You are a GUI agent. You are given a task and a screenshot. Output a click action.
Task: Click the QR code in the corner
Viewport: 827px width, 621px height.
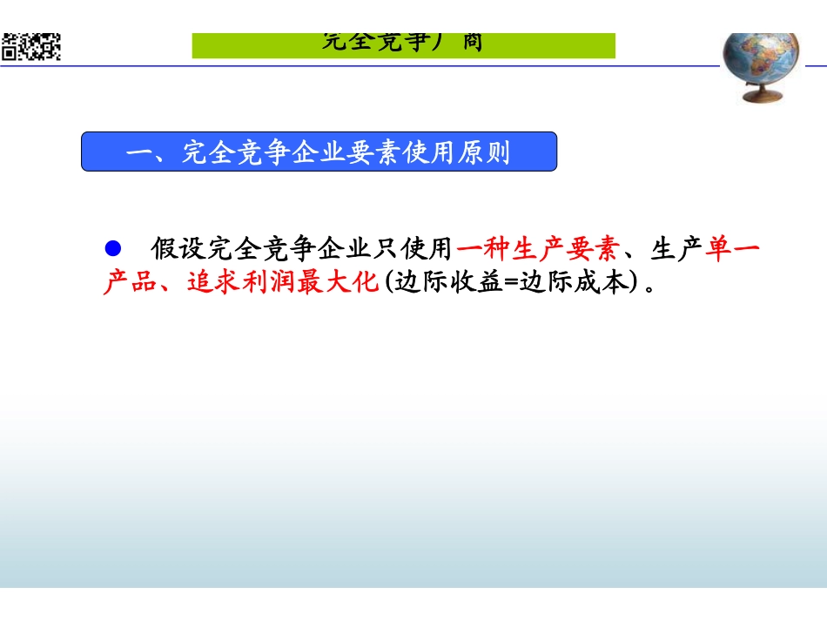31,46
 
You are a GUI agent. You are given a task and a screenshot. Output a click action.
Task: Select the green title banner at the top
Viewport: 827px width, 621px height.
403,44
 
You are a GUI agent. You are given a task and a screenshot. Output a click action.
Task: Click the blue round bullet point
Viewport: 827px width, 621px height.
111,248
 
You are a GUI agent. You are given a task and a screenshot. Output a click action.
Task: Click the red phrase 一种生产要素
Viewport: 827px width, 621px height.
537,250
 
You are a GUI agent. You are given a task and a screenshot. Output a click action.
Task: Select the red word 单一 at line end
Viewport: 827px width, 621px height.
732,250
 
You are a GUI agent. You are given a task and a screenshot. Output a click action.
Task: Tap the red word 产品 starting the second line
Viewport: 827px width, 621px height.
124,282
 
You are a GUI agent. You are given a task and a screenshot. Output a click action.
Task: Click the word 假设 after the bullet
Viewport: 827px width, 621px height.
171,250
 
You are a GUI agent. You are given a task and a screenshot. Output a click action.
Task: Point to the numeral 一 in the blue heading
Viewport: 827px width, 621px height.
138,155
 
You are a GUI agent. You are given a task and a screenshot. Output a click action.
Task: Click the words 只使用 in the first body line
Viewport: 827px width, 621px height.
405,250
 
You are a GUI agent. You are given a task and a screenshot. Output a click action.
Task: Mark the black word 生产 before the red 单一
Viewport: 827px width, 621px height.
676,250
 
